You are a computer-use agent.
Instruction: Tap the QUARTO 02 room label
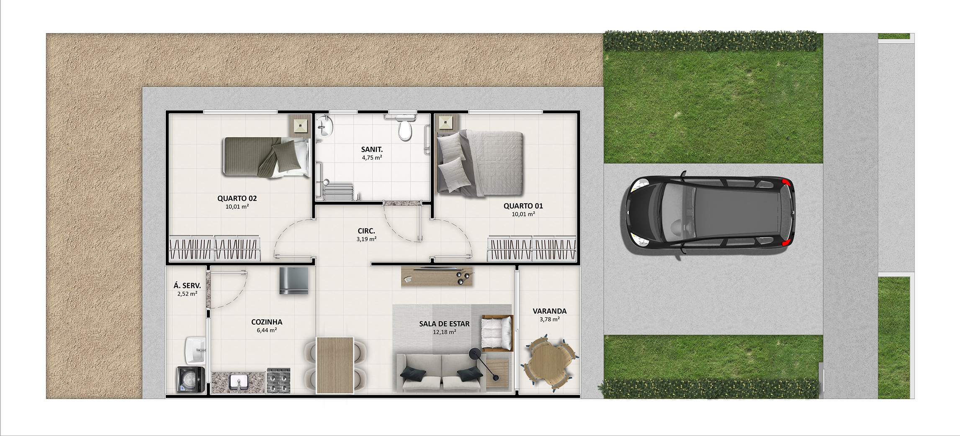[237, 198]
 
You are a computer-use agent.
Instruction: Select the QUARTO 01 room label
[523, 206]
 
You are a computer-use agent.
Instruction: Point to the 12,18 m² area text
[444, 332]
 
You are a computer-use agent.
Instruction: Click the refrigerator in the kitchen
[294, 281]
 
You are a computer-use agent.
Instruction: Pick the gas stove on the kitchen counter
[278, 381]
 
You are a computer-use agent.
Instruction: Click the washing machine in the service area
[190, 380]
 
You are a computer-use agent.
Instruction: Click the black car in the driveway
[707, 215]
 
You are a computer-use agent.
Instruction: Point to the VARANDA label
[549, 311]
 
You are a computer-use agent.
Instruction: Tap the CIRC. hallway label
[366, 231]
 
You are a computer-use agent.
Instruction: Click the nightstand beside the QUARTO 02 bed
[300, 125]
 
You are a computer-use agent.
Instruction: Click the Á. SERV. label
[187, 286]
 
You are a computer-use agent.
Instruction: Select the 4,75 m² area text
[372, 157]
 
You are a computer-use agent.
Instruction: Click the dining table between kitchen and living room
[335, 365]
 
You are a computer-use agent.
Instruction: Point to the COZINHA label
[267, 322]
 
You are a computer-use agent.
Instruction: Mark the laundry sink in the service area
[195, 350]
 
